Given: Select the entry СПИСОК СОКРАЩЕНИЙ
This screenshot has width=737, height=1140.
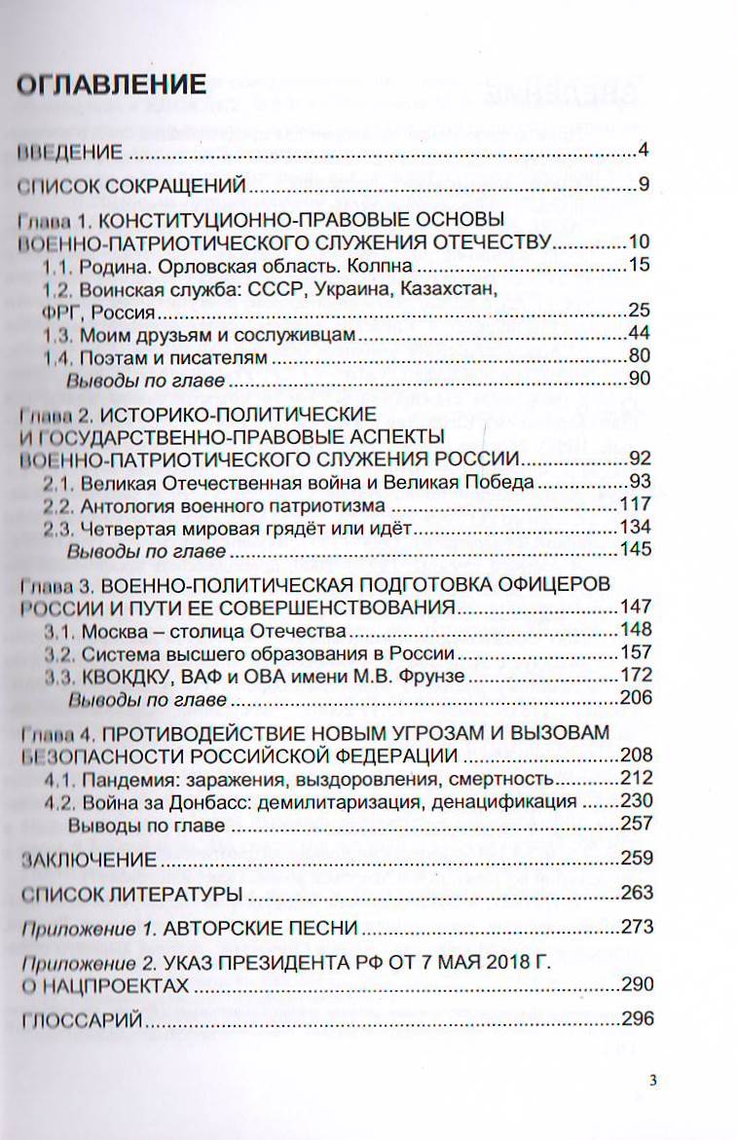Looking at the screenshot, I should coord(123,185).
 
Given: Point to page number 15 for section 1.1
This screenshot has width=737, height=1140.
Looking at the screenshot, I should coord(639,265).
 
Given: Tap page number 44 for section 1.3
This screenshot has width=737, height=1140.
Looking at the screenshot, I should coord(639,334).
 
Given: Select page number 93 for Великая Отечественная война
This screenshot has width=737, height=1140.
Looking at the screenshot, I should coord(639,481).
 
